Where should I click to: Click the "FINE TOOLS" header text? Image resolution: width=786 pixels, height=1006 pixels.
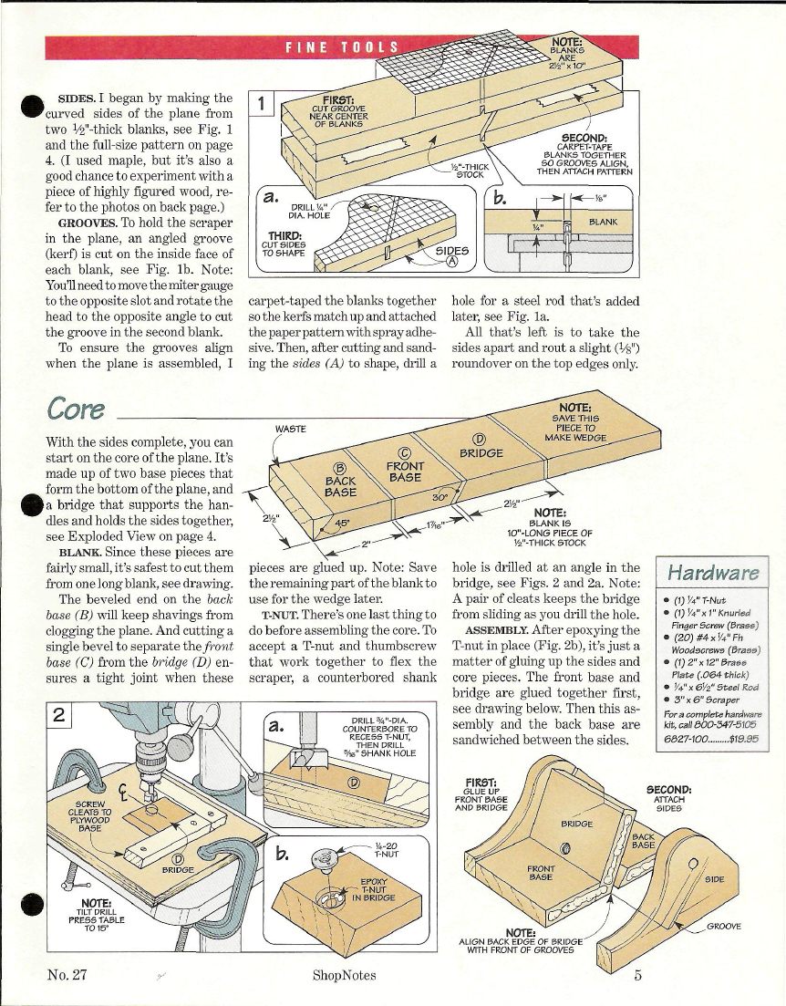pyautogui.click(x=343, y=47)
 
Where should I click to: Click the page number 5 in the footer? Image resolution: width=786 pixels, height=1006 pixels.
pyautogui.click(x=637, y=975)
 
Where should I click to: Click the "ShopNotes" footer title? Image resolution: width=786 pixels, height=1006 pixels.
pyautogui.click(x=344, y=975)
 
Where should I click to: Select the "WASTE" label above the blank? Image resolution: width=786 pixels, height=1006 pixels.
pyautogui.click(x=291, y=428)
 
